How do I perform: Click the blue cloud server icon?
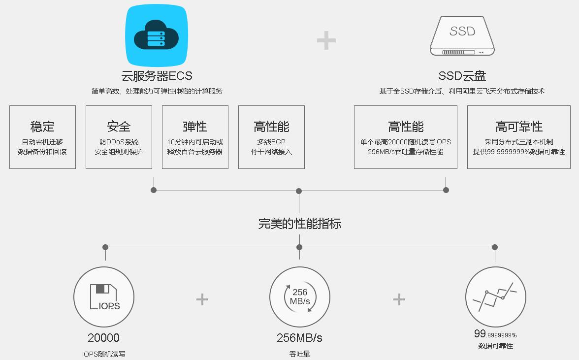[157, 35]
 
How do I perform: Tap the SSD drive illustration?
[462, 35]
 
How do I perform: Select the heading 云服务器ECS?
[157, 76]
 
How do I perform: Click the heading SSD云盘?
[462, 76]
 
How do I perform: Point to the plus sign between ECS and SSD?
[326, 40]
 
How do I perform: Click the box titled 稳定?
[42, 137]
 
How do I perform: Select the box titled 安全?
[119, 137]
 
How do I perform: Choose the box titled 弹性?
[195, 137]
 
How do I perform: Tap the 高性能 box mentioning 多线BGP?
[271, 137]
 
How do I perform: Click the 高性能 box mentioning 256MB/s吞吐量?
[406, 137]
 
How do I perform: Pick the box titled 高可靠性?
[519, 137]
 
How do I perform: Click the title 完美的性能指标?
[299, 224]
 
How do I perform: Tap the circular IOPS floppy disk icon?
[104, 297]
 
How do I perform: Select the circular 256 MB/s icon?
[300, 297]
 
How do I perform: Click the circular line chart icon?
[495, 297]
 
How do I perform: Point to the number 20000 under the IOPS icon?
[103, 338]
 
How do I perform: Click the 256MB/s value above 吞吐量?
[299, 338]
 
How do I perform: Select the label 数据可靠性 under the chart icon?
[495, 346]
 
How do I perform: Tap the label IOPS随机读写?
[103, 354]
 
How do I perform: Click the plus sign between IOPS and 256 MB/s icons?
[202, 299]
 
